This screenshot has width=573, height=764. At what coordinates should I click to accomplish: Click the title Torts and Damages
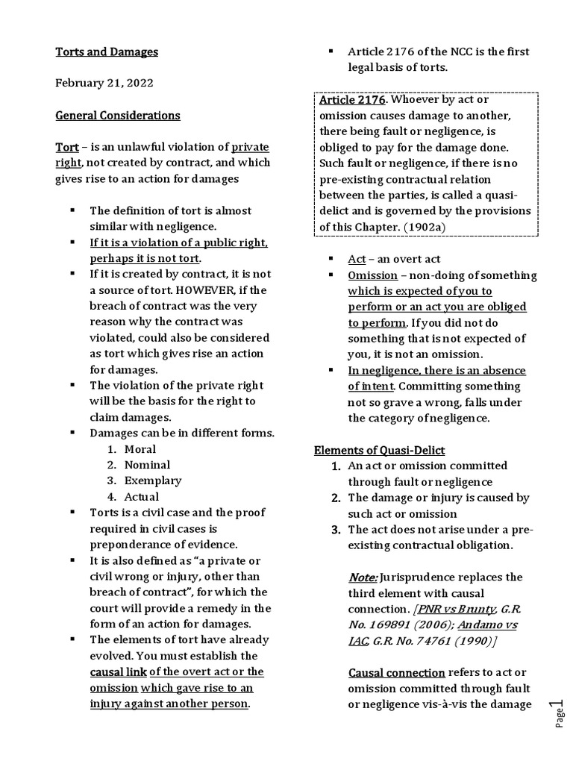point(107,51)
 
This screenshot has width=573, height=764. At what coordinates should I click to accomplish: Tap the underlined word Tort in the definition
point(67,147)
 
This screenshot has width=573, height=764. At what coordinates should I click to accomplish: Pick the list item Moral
point(140,448)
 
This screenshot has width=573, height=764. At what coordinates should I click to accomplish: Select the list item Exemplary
point(152,480)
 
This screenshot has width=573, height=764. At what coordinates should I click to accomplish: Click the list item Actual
point(142,496)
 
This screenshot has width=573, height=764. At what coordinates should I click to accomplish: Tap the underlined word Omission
point(372,275)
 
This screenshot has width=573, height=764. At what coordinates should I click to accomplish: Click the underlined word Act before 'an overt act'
point(357,259)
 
